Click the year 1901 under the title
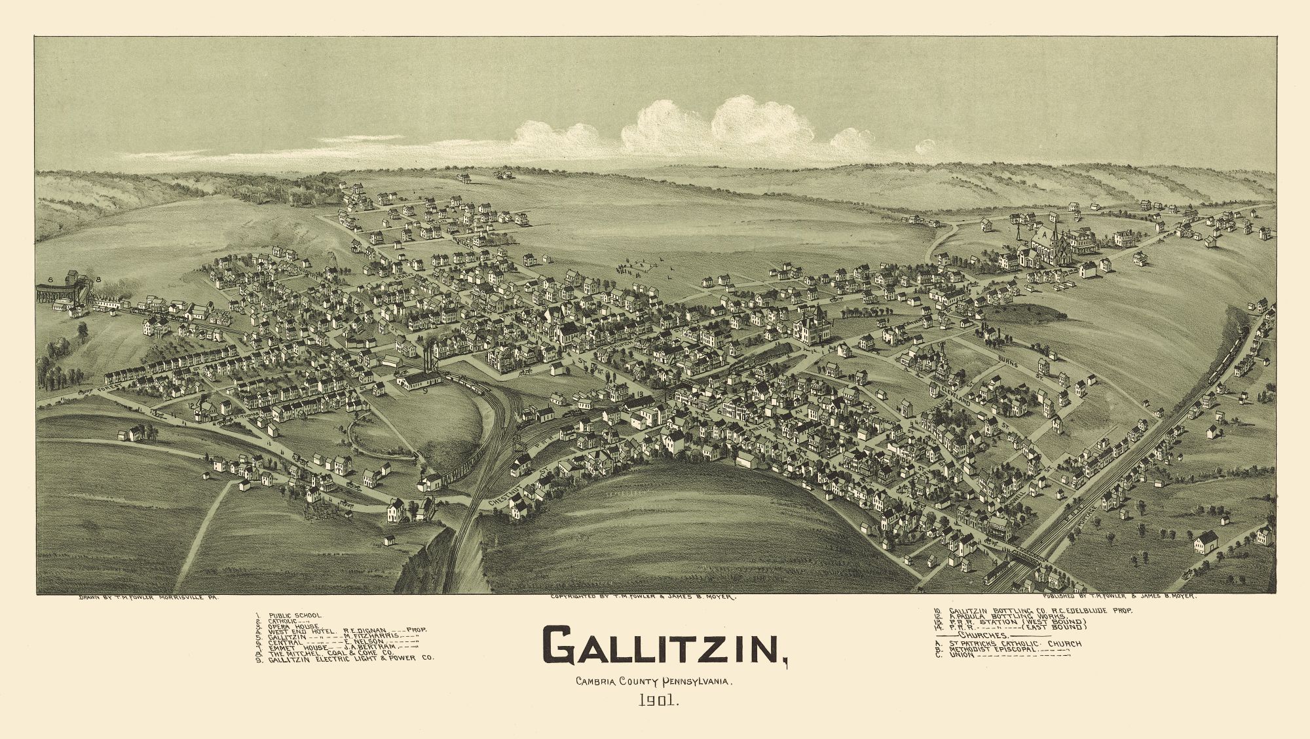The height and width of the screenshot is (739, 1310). pyautogui.click(x=660, y=701)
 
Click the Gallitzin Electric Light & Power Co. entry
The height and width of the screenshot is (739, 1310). pyautogui.click(x=347, y=657)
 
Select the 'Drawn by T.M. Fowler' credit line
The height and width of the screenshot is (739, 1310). pyautogui.click(x=147, y=597)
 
